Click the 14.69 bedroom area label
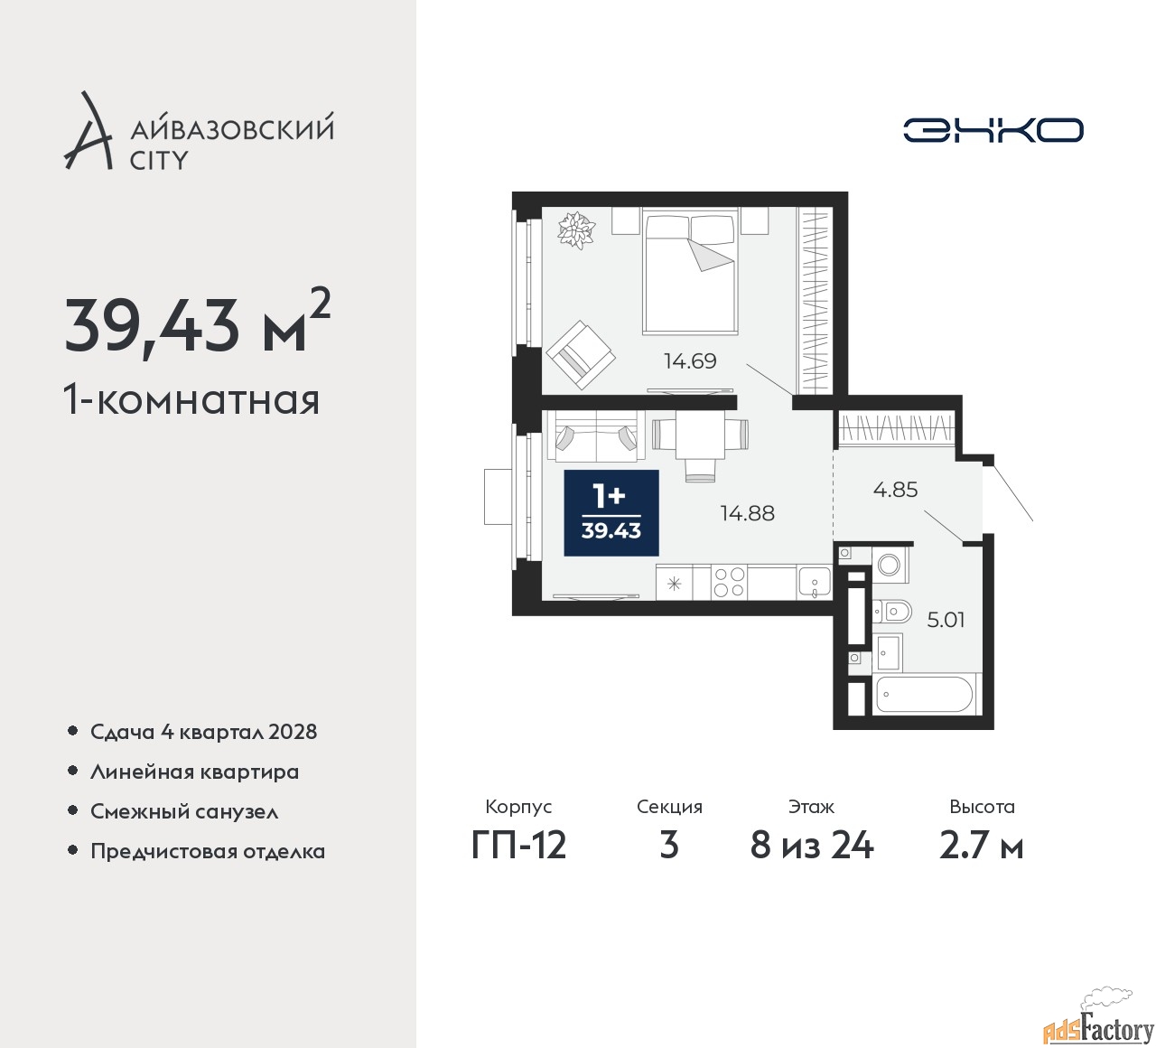pos(690,361)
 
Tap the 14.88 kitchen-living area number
pos(748,513)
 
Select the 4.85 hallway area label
pos(895,490)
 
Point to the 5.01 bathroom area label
pos(946,620)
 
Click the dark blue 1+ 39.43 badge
pos(611,513)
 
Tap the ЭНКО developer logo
pos(993,130)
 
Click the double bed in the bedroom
pos(690,271)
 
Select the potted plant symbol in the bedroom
pos(575,230)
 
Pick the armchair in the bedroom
pos(581,355)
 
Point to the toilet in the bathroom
pos(892,610)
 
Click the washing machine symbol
pos(890,565)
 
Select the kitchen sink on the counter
pos(815,582)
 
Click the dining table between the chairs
pos(700,434)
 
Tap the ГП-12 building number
pos(519,846)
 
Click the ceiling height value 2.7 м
pos(982,847)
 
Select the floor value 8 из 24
pos(811,847)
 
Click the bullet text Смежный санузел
pos(184,811)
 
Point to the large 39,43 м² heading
pos(198,324)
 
